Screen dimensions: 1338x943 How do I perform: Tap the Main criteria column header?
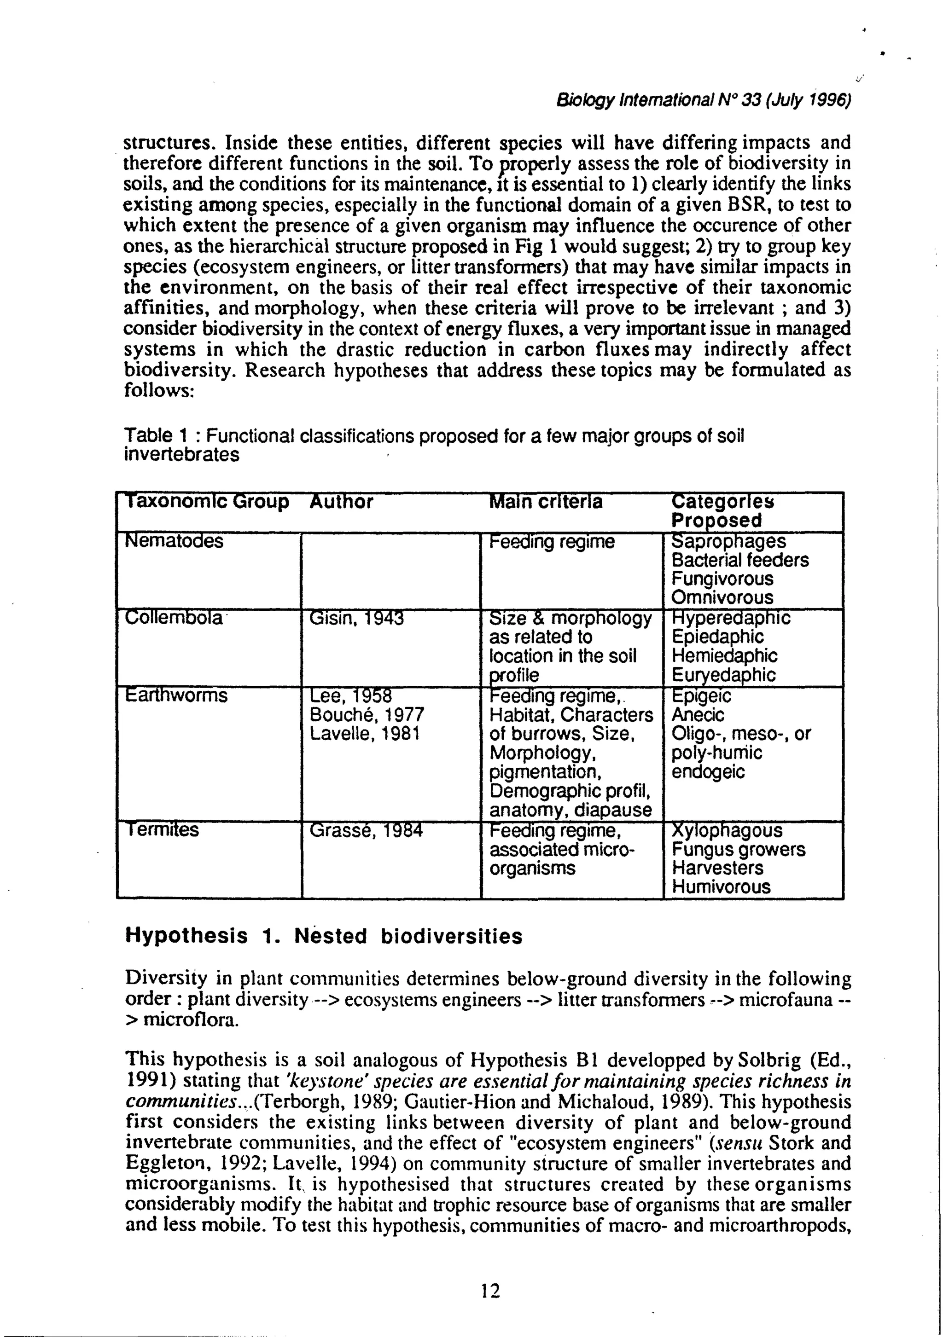[546, 502]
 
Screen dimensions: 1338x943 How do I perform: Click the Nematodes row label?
[174, 541]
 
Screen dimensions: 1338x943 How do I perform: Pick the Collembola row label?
[174, 618]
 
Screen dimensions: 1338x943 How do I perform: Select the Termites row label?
[162, 830]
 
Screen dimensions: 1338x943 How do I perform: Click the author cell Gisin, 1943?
[356, 618]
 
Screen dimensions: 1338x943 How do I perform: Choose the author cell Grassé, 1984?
[366, 830]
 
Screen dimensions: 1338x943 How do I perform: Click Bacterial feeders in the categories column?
[740, 561]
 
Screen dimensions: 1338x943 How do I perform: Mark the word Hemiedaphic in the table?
[724, 656]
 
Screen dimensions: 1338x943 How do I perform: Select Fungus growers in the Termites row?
[739, 850]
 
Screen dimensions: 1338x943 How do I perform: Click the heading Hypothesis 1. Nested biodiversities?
[324, 937]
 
